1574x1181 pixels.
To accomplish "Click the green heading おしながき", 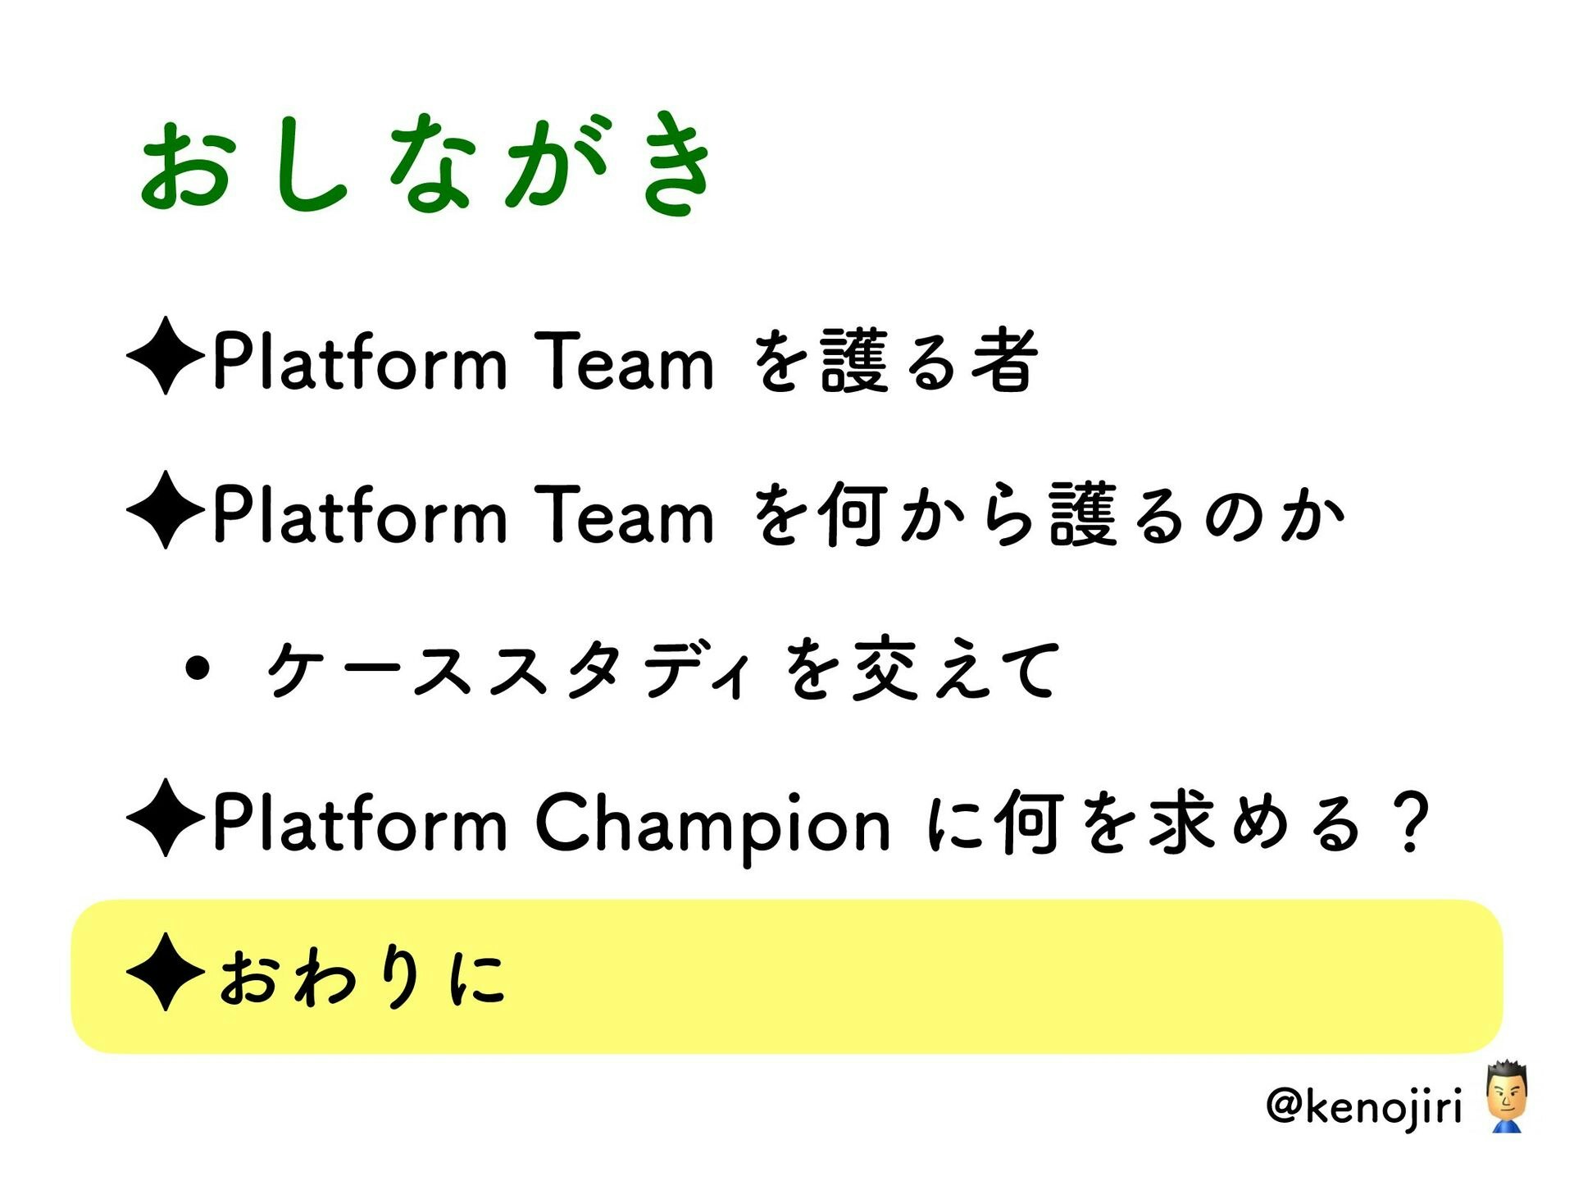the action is point(426,164).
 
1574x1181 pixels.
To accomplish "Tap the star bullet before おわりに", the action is point(166,972).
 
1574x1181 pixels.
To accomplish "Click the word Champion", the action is point(712,823).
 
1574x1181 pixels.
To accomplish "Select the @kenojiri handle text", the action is point(1364,1106).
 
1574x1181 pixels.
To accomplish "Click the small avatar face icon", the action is point(1506,1097).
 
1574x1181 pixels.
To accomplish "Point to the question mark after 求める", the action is point(1411,823).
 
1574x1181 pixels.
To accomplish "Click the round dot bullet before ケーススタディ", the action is point(198,669).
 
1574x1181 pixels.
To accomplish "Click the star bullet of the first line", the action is point(166,356).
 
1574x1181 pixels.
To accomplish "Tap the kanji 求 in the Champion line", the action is point(1181,822).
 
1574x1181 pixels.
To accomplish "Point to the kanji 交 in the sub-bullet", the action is point(885,669).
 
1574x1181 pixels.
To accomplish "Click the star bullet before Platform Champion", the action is point(166,818).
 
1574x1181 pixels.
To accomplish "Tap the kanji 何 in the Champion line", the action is point(1030,822).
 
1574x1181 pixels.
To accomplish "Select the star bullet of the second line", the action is point(166,510).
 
